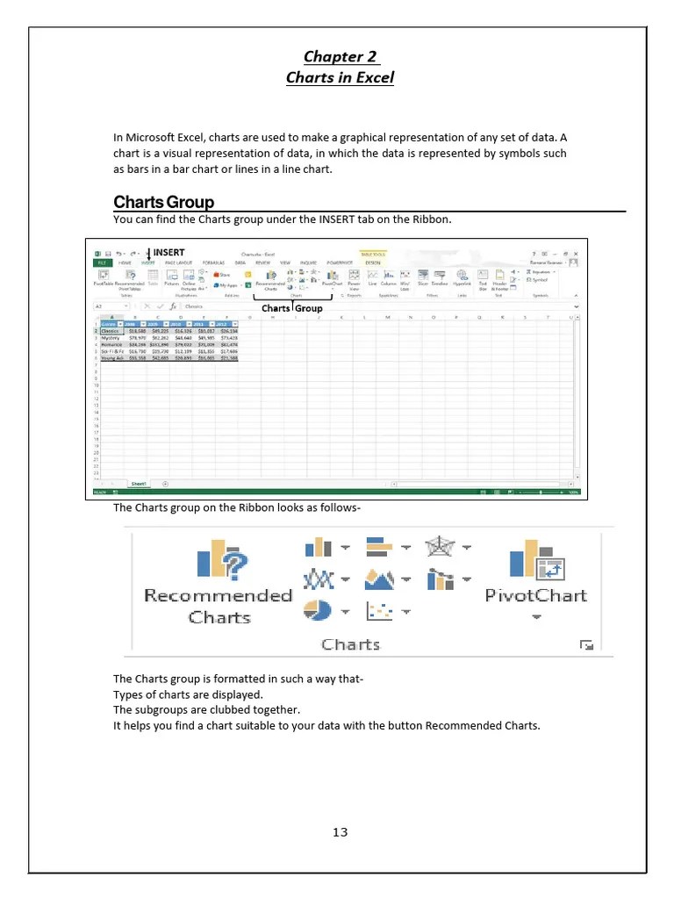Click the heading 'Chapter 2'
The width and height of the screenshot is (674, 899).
pos(341,57)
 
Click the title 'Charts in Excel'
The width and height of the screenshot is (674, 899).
pos(341,77)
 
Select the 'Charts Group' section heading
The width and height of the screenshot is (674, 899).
pos(164,203)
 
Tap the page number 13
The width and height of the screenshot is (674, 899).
pos(341,832)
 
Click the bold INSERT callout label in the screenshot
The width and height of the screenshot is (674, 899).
pos(168,253)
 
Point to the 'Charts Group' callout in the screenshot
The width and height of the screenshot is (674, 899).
pos(292,308)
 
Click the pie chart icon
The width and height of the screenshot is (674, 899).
pos(317,609)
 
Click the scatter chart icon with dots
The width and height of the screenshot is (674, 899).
pos(378,610)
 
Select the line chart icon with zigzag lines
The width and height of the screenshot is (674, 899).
pos(317,579)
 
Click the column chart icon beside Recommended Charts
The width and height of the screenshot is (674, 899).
pos(317,547)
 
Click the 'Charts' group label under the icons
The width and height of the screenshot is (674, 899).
pos(350,644)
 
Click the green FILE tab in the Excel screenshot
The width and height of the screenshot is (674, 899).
pos(103,263)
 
